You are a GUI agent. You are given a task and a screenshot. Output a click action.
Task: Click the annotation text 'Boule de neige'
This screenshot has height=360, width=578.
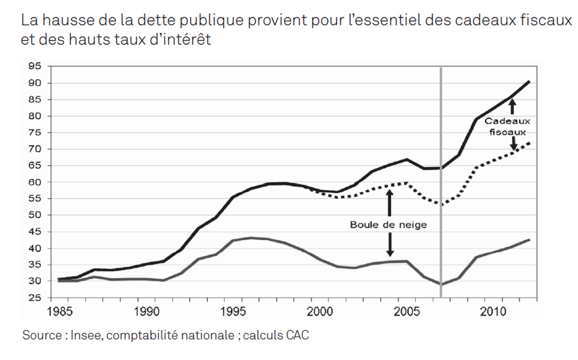388,224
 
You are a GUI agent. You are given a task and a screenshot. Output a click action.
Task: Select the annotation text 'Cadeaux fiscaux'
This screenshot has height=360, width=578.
507,127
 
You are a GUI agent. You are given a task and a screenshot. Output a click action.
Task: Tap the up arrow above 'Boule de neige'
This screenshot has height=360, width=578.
389,202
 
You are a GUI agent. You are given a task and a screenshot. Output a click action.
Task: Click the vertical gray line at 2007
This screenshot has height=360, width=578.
441,173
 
